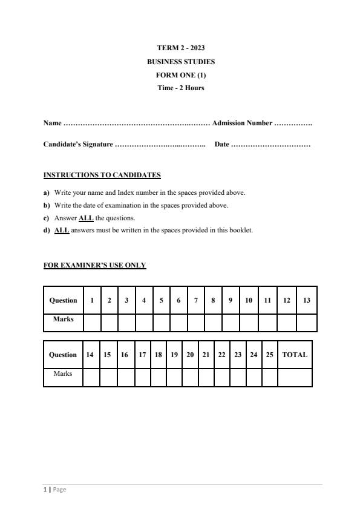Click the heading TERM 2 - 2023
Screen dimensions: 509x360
pyautogui.click(x=180, y=48)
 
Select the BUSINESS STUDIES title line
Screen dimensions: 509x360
pyautogui.click(x=180, y=62)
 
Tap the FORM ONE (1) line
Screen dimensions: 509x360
pyautogui.click(x=180, y=75)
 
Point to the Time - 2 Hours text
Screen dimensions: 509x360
pyautogui.click(x=180, y=88)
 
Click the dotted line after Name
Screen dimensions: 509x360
pyautogui.click(x=136, y=123)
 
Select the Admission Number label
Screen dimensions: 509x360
pyautogui.click(x=242, y=123)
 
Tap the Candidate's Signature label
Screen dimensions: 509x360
pyautogui.click(x=78, y=144)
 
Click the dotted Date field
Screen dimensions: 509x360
pyautogui.click(x=270, y=145)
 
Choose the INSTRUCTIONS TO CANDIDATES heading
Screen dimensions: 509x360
pyautogui.click(x=102, y=175)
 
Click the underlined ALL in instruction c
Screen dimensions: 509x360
pyautogui.click(x=86, y=218)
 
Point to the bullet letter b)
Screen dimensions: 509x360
pyautogui.click(x=47, y=205)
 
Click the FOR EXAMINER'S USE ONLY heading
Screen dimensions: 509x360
pyautogui.click(x=94, y=265)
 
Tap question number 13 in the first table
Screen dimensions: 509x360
pyautogui.click(x=307, y=300)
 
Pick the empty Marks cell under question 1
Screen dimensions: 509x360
pyautogui.click(x=92, y=322)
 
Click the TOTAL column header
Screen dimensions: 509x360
pyautogui.click(x=295, y=355)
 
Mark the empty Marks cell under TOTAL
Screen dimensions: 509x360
pyautogui.click(x=295, y=376)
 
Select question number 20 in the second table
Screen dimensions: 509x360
pyautogui.click(x=190, y=355)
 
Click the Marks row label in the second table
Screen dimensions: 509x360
pyautogui.click(x=63, y=374)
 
